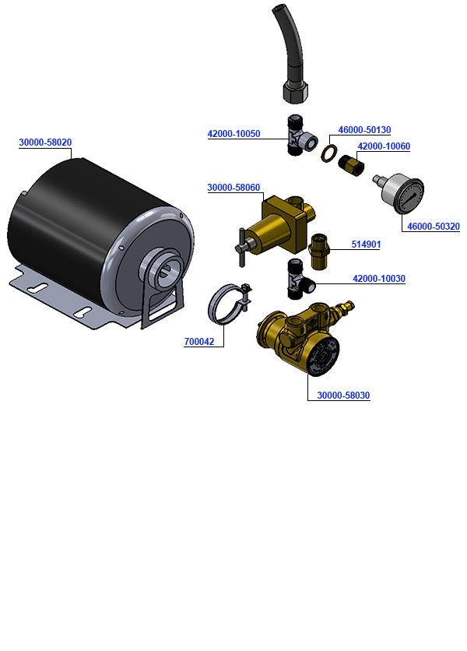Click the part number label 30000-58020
[45, 143]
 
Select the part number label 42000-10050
[233, 134]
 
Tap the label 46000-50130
[364, 130]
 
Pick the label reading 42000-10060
[384, 146]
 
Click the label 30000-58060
[233, 188]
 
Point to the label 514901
[365, 244]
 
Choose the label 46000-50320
[434, 227]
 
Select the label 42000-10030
[379, 278]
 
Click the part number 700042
[199, 341]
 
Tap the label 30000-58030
[343, 396]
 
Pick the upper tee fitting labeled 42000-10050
[299, 137]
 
